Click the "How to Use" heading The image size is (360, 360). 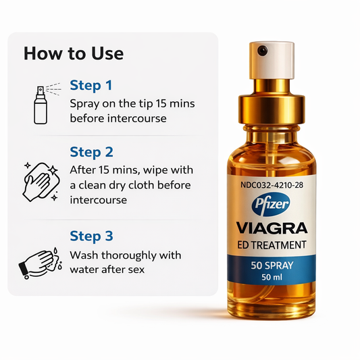click(x=74, y=53)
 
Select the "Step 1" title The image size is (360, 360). click(x=91, y=85)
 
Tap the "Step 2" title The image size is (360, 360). click(x=91, y=152)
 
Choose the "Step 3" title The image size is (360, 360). click(x=91, y=236)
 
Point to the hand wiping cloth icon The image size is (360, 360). click(x=41, y=182)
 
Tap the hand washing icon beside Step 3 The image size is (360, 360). click(x=40, y=263)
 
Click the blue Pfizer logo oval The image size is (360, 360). click(x=271, y=205)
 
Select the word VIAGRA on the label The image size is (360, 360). click(x=272, y=228)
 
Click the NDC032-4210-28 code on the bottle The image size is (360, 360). click(x=272, y=185)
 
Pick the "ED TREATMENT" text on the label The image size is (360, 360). click(x=272, y=245)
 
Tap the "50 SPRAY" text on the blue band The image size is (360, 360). click(x=272, y=265)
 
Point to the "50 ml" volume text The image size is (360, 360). click(x=272, y=277)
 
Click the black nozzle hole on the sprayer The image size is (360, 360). click(x=262, y=50)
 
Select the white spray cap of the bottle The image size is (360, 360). click(x=272, y=60)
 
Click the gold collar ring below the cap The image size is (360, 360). click(x=272, y=109)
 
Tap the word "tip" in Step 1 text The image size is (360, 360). click(x=146, y=104)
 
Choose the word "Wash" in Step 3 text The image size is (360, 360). click(x=84, y=255)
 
